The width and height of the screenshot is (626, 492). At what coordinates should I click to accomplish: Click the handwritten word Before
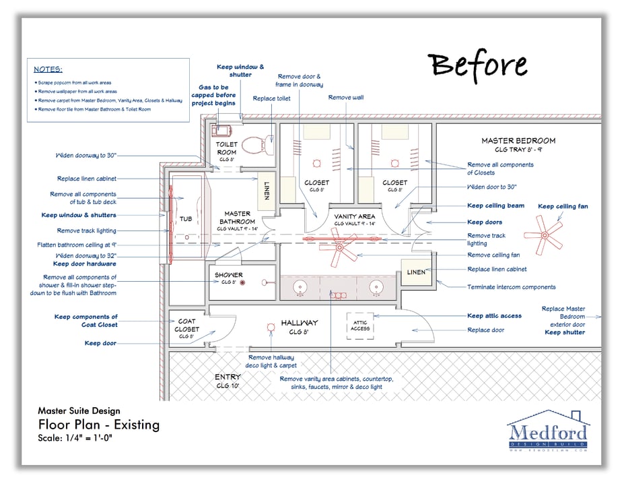coord(479,65)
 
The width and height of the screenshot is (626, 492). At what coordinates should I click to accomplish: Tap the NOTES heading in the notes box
coord(48,69)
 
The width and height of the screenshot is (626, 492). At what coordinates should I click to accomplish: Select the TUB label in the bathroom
coord(186,219)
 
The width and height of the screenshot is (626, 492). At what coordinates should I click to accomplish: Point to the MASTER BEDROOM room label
coord(518,141)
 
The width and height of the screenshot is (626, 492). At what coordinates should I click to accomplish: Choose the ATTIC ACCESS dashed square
coord(360,326)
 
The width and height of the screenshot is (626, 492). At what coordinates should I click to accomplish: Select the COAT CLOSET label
coord(187,325)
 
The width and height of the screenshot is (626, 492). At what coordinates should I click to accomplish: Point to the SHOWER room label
coord(229,275)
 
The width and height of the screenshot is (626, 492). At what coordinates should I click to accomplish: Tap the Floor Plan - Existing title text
coord(98,425)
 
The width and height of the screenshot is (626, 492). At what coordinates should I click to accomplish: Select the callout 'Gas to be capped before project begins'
coord(213,95)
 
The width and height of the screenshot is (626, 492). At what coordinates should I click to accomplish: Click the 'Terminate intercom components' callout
coord(512,287)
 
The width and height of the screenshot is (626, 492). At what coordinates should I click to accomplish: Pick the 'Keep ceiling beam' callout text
coord(496,206)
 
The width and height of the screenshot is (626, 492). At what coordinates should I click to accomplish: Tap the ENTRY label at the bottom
coord(228,377)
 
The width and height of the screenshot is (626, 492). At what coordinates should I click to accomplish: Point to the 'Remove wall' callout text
coord(346,98)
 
